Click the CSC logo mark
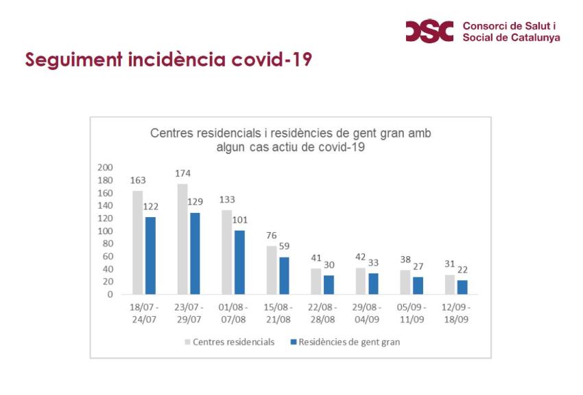[x=431, y=30]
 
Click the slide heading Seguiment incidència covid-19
[x=168, y=60]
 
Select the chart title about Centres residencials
[x=291, y=139]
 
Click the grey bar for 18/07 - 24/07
[x=137, y=242]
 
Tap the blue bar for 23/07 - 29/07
[x=195, y=253]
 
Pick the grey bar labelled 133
[x=226, y=252]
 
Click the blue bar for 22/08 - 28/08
[x=329, y=284]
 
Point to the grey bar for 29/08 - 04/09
[x=360, y=281]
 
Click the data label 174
[x=183, y=174]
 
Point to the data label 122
[x=151, y=207]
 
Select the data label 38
[x=406, y=260]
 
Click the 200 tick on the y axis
[x=105, y=168]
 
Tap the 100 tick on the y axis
[x=105, y=231]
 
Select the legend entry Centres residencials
[x=229, y=342]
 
